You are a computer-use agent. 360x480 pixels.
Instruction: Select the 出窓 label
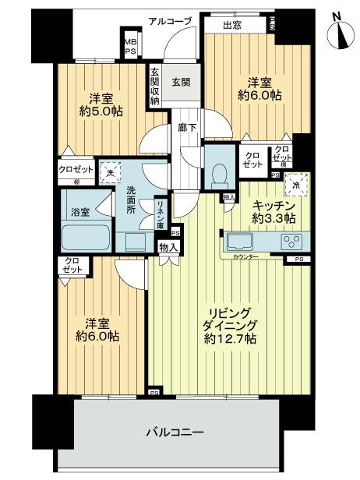click(x=233, y=25)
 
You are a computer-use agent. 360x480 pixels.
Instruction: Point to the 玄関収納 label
click(x=156, y=85)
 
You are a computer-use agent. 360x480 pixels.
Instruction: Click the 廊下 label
click(x=186, y=126)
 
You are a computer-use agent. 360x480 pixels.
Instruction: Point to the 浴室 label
click(x=80, y=210)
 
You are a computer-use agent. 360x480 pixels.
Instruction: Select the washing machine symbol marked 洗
click(x=113, y=172)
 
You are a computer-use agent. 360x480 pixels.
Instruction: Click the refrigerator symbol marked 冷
click(x=295, y=185)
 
